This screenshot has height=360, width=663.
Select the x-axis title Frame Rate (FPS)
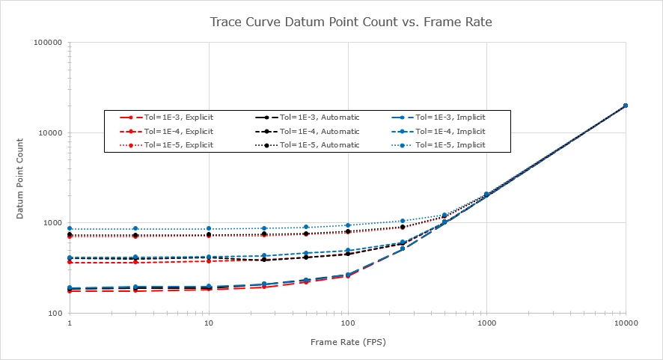(x=348, y=341)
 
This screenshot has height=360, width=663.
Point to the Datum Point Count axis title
(x=22, y=178)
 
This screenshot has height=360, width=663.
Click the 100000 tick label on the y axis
(x=46, y=43)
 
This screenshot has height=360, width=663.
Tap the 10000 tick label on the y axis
(x=49, y=133)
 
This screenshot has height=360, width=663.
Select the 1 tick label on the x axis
(x=70, y=323)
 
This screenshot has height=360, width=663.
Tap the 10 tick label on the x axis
(x=209, y=323)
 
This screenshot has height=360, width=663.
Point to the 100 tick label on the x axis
(x=347, y=323)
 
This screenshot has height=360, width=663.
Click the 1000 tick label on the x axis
(x=486, y=323)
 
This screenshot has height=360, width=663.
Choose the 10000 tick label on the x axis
(x=625, y=323)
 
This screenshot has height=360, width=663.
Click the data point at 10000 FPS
(x=625, y=106)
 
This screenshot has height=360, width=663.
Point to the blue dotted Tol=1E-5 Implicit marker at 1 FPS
(x=70, y=228)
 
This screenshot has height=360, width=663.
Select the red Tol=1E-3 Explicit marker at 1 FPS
(x=70, y=290)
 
